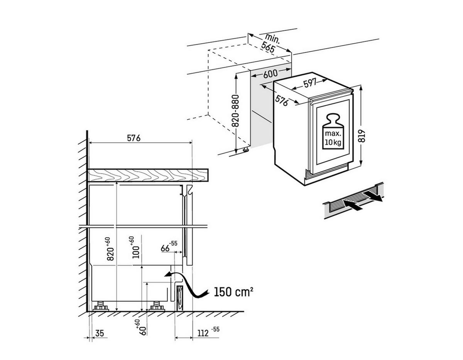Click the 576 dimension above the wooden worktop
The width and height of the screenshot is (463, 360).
coord(133,138)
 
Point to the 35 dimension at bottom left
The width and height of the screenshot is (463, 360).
coord(100,333)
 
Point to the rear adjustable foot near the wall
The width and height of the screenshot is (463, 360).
coord(101,306)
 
